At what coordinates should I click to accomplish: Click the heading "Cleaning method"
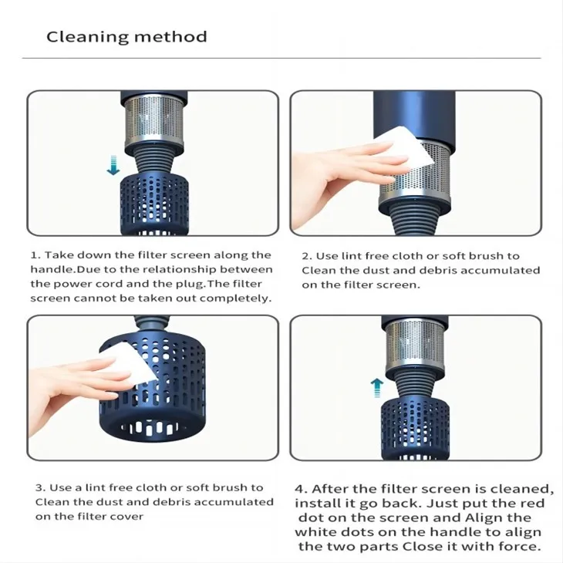[x=126, y=37]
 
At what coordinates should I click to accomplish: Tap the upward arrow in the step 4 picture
[x=376, y=386]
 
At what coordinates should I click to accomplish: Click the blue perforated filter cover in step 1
[x=153, y=204]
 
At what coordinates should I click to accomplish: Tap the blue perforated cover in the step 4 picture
[x=415, y=425]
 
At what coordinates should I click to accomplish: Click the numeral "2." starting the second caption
[x=306, y=256]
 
